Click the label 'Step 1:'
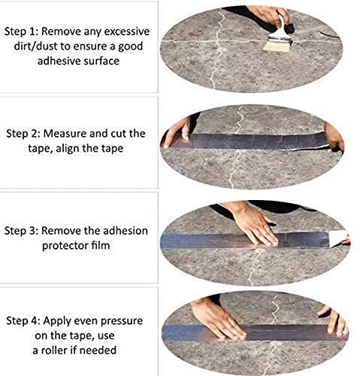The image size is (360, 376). (23, 32)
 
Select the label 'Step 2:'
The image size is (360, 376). (23, 133)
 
